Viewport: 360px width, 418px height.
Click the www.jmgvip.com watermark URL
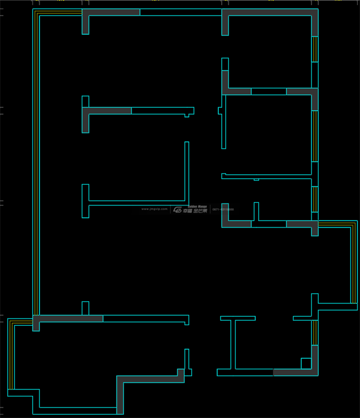click(x=154, y=209)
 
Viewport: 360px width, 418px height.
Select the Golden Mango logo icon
click(x=177, y=210)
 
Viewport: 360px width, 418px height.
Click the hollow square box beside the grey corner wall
click(x=306, y=364)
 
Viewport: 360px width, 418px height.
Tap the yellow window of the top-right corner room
click(x=315, y=49)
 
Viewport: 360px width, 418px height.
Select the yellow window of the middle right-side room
click(x=315, y=136)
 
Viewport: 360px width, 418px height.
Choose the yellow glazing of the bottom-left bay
click(x=10, y=354)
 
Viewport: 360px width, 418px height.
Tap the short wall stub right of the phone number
click(x=256, y=212)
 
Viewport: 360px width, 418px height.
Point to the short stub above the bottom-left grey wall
click(x=85, y=308)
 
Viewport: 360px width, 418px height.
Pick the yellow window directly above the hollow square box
click(x=315, y=332)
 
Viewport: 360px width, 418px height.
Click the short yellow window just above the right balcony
click(x=315, y=199)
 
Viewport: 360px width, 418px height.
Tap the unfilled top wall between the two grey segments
click(x=181, y=12)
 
